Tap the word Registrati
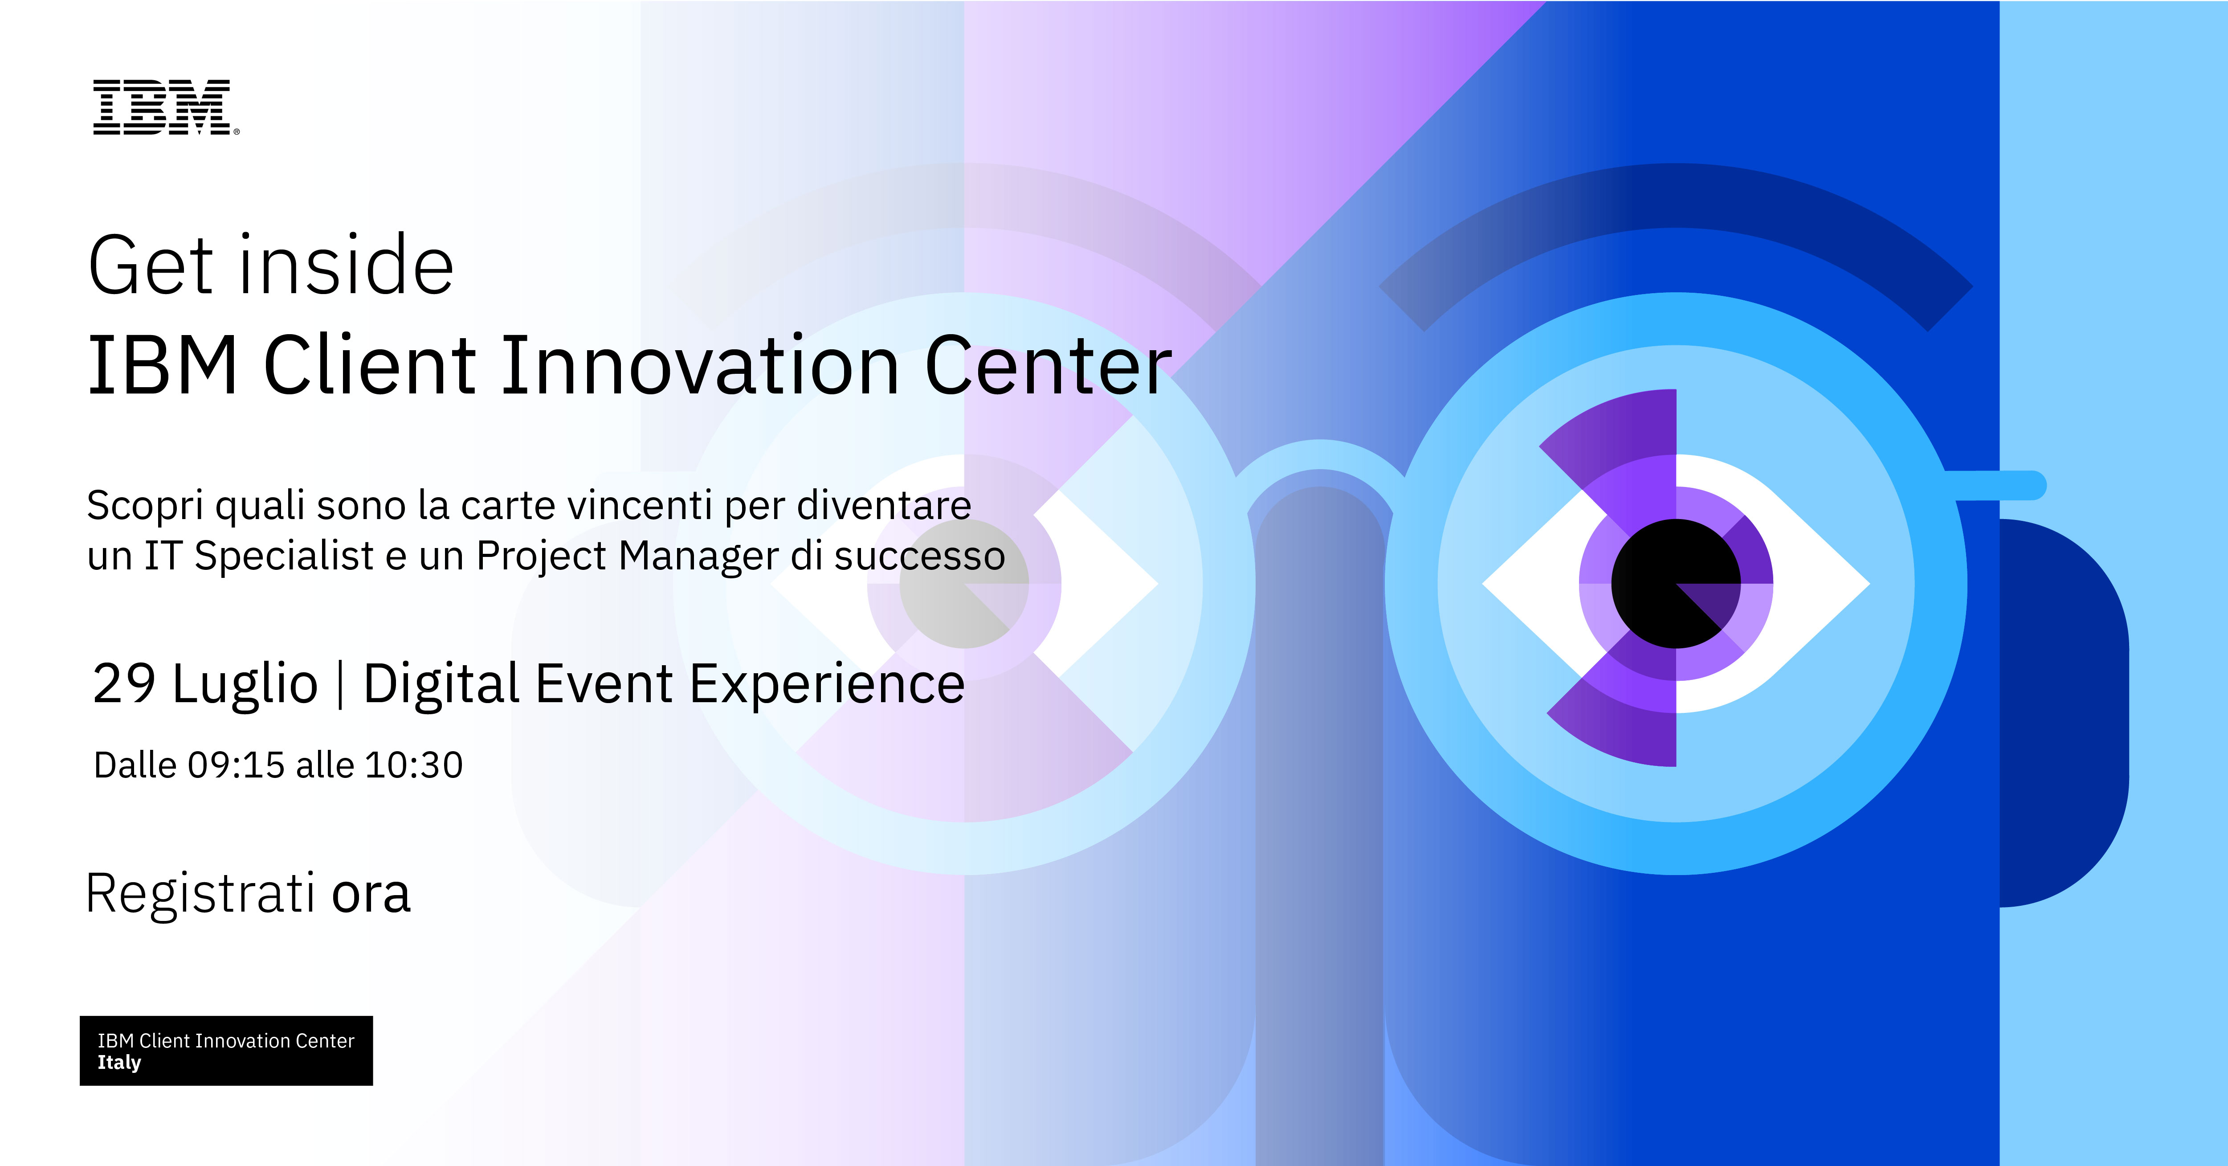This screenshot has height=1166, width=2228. [x=200, y=893]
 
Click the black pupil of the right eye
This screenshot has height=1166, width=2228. [x=1675, y=584]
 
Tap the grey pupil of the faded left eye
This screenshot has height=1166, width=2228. [x=964, y=584]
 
